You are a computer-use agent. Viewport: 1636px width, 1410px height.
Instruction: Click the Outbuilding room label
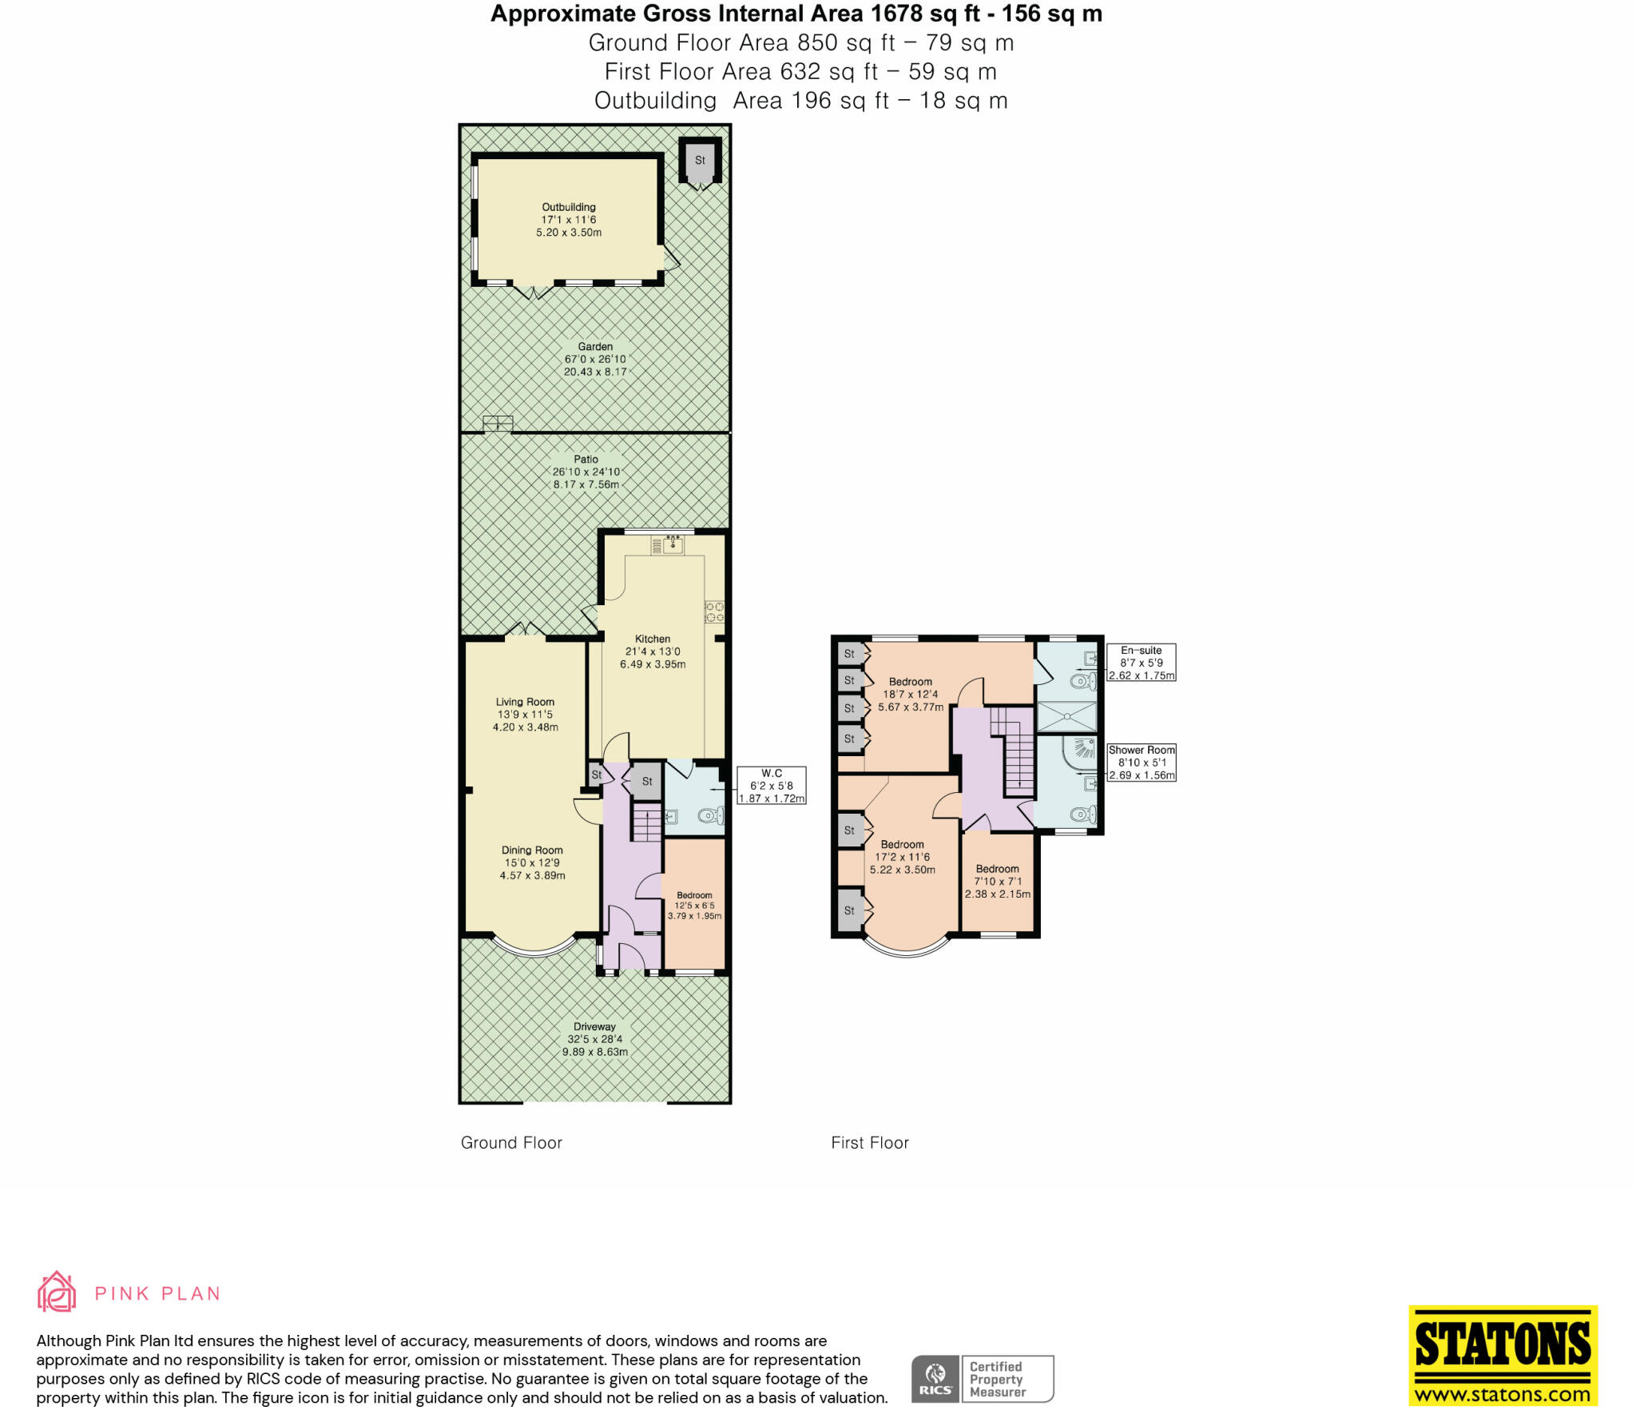click(569, 207)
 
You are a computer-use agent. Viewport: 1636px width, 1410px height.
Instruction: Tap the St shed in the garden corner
click(700, 161)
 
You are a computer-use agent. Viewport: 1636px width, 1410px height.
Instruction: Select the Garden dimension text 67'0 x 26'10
click(595, 360)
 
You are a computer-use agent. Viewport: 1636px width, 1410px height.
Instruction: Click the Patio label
click(586, 460)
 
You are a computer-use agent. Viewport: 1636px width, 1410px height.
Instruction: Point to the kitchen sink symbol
click(673, 545)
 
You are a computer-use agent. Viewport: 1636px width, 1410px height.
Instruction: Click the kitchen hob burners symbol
click(715, 611)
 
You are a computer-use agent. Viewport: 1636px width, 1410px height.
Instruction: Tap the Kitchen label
click(653, 639)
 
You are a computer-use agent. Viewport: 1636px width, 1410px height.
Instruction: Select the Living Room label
click(525, 702)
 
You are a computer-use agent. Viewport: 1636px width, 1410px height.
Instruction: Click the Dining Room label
click(532, 850)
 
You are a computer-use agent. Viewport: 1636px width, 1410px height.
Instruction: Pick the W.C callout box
click(772, 786)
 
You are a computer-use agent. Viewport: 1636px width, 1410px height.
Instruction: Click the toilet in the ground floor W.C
click(710, 816)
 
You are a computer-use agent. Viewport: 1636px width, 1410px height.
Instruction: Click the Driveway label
click(594, 1026)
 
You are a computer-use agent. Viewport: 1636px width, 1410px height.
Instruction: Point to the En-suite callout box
click(1141, 663)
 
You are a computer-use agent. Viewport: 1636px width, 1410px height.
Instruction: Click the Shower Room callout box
click(1142, 763)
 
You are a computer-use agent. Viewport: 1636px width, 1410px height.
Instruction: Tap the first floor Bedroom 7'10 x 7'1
click(998, 881)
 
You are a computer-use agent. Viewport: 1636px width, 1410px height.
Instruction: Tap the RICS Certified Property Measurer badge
click(983, 1379)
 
